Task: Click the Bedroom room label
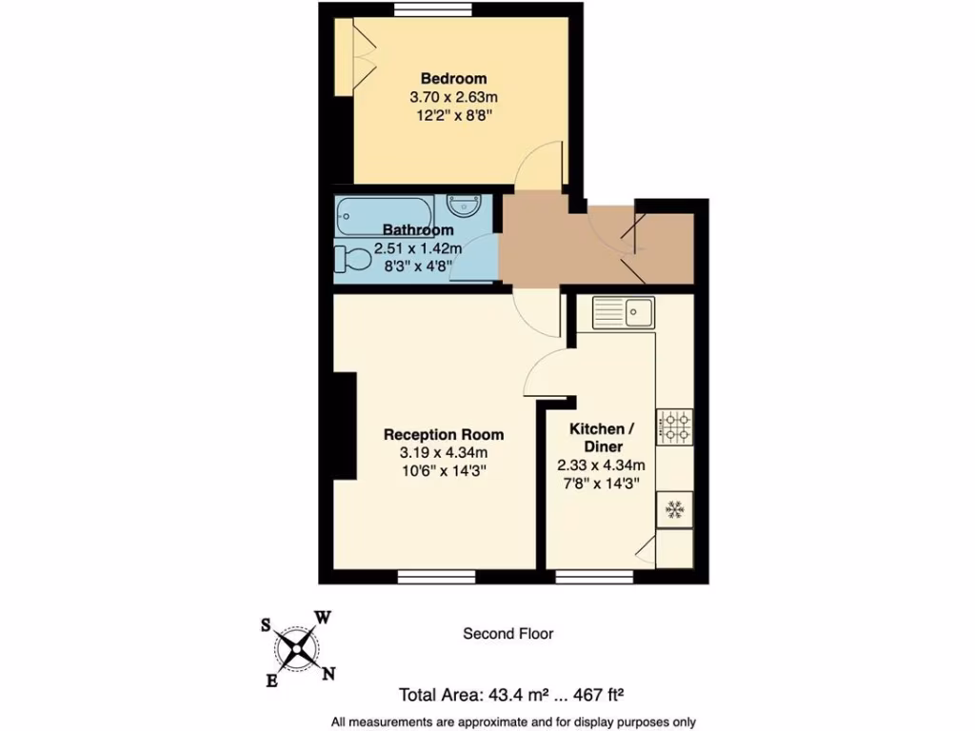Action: pos(453,78)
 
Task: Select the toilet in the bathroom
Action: pos(353,258)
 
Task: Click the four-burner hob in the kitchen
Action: pos(674,425)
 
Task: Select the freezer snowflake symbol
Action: pos(674,510)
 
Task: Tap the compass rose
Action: pos(298,650)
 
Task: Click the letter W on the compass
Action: pos(323,618)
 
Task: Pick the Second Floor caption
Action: pos(507,633)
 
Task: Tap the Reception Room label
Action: pos(444,434)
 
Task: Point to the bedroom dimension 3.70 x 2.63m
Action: pos(453,97)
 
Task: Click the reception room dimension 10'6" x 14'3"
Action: pos(444,470)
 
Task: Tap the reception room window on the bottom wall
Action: pos(436,576)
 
